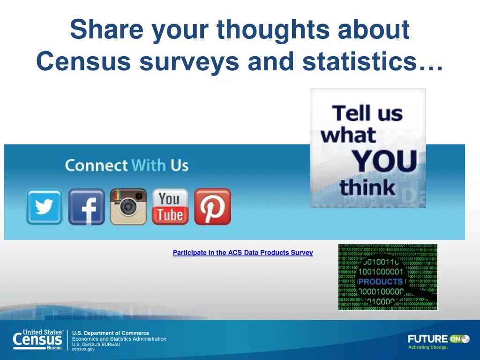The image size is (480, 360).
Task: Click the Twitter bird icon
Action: [x=44, y=207]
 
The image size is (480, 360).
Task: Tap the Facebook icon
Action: [x=86, y=207]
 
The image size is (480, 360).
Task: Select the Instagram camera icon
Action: [x=128, y=207]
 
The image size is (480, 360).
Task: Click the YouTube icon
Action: [x=170, y=207]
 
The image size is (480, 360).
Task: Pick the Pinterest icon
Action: [x=212, y=207]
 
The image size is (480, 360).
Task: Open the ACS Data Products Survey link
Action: [x=243, y=253]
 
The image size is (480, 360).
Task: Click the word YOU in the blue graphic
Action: [x=384, y=162]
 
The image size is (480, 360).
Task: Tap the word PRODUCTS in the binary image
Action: [x=380, y=282]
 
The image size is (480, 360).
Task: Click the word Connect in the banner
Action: [x=96, y=165]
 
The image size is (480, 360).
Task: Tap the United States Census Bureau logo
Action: [x=38, y=340]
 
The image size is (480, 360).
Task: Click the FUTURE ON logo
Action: [x=438, y=339]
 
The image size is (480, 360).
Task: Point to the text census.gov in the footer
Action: [x=83, y=349]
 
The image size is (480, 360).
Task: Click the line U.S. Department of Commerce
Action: [x=110, y=333]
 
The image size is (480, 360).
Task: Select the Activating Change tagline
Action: [x=427, y=347]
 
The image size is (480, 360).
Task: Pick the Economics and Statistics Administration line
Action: [x=119, y=339]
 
